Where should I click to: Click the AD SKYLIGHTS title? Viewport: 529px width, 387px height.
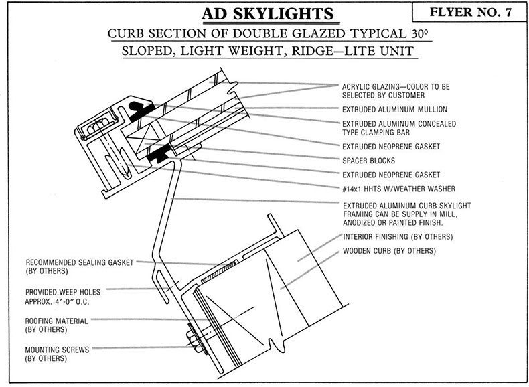[x=268, y=14]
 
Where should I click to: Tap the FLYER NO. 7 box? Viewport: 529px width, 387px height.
[x=470, y=12]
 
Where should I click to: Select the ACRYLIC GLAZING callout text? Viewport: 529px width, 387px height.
[x=396, y=91]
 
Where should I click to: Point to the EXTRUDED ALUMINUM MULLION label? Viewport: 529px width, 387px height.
[x=394, y=110]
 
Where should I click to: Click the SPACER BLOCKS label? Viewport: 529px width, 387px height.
[x=368, y=161]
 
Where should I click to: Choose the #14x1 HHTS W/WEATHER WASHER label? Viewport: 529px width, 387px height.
[x=399, y=189]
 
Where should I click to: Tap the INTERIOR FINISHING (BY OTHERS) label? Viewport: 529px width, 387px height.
[x=398, y=237]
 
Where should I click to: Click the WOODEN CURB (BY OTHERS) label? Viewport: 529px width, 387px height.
[x=389, y=251]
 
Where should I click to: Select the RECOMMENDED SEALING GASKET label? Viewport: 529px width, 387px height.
[x=80, y=266]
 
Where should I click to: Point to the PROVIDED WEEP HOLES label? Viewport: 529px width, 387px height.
[x=63, y=297]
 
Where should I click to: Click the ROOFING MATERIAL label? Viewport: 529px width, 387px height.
[x=57, y=325]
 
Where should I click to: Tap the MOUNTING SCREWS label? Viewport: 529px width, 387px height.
[x=57, y=354]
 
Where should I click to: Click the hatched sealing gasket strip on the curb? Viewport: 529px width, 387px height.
[x=219, y=272]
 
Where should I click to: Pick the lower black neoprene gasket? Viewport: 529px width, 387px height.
[x=159, y=155]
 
